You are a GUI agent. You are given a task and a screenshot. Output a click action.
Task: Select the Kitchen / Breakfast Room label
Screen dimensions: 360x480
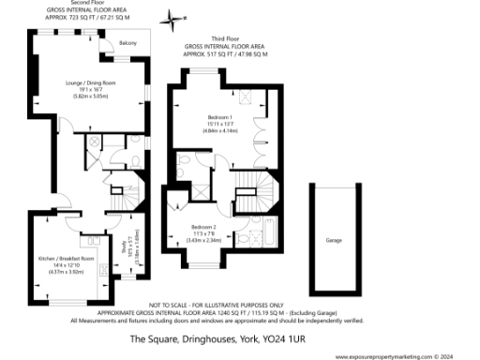(67, 258)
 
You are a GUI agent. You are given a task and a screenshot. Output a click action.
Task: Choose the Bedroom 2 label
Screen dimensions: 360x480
(203, 228)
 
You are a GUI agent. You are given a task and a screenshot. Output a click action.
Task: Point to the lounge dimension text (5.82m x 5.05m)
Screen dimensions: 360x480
(93, 96)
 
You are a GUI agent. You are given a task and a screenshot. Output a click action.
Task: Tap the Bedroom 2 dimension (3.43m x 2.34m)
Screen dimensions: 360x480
(203, 241)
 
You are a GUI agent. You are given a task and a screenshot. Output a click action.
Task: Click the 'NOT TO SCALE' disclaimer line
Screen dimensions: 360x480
(241, 305)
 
